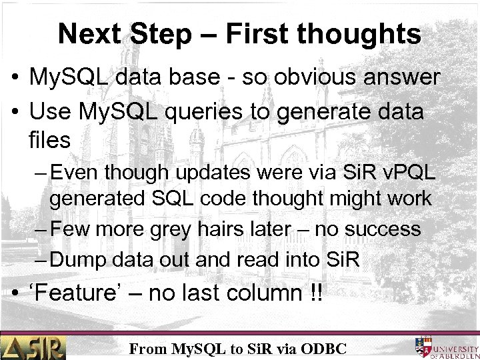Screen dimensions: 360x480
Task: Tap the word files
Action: [x=49, y=141]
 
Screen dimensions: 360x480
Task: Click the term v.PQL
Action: [x=407, y=173]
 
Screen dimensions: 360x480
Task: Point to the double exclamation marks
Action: [x=315, y=293]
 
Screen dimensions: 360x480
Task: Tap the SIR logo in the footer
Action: [x=33, y=347]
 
